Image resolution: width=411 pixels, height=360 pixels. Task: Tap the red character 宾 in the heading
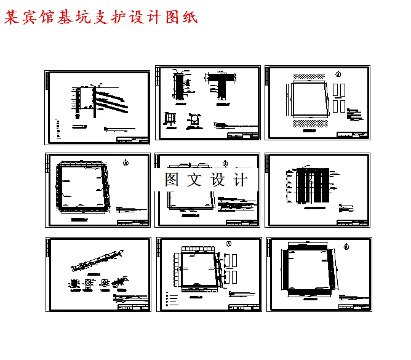[30, 18]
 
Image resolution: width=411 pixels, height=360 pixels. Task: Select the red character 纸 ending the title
[190, 18]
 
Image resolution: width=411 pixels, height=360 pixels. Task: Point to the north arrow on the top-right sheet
[337, 74]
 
